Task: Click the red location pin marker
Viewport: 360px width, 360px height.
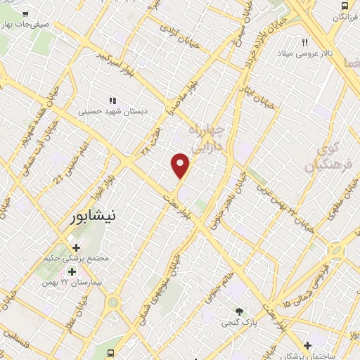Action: pos(181,165)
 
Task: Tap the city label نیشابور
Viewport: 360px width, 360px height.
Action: pos(94,217)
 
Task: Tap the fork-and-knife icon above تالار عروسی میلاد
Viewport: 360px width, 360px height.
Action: pos(305,42)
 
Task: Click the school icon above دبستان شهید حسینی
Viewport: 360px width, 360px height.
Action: pos(112,101)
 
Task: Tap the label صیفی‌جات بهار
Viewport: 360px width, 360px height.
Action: pos(25,24)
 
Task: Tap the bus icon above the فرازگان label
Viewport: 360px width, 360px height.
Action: pos(343,6)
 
